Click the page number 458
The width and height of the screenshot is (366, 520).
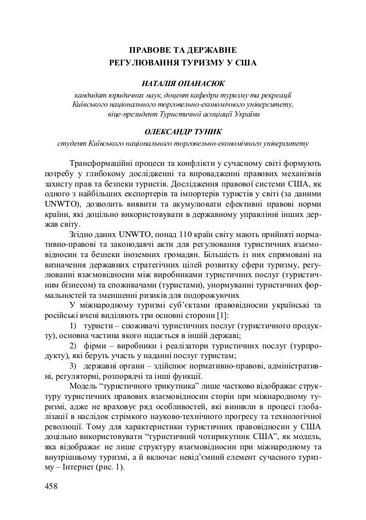[53, 488]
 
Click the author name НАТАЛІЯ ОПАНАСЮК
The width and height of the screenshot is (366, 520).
[183, 82]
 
